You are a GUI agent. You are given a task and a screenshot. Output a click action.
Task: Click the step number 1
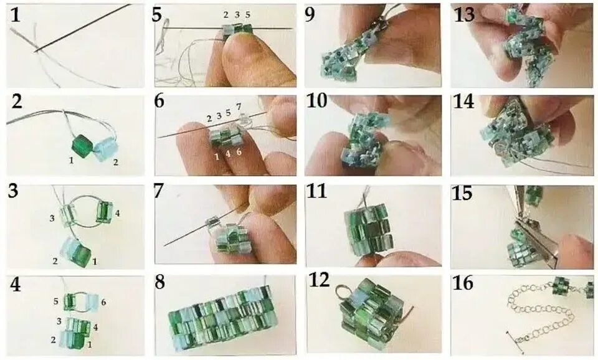pyautogui.click(x=15, y=14)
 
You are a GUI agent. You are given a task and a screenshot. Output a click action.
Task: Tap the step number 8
pyautogui.click(x=160, y=283)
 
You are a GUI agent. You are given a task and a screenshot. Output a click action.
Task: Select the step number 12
pyautogui.click(x=320, y=281)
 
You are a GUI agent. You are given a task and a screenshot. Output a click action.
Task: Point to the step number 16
pyautogui.click(x=463, y=283)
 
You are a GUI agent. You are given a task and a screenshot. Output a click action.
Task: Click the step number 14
pyautogui.click(x=463, y=102)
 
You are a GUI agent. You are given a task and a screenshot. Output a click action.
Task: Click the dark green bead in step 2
pyautogui.click(x=82, y=144)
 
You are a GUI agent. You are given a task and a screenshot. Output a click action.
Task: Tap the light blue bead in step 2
pyautogui.click(x=105, y=150)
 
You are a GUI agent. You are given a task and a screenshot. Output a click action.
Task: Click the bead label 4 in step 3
pyautogui.click(x=117, y=213)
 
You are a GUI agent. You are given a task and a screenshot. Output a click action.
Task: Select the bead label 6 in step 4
pyautogui.click(x=103, y=303)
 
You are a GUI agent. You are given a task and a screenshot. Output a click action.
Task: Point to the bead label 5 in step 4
pyautogui.click(x=55, y=301)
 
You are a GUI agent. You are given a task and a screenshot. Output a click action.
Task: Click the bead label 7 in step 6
pyautogui.click(x=239, y=106)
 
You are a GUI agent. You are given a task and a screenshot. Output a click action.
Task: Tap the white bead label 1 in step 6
pyautogui.click(x=217, y=156)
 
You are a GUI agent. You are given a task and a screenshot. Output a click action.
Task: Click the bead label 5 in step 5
pyautogui.click(x=248, y=15)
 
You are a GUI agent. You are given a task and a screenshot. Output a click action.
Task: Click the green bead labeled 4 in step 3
pyautogui.click(x=104, y=211)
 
